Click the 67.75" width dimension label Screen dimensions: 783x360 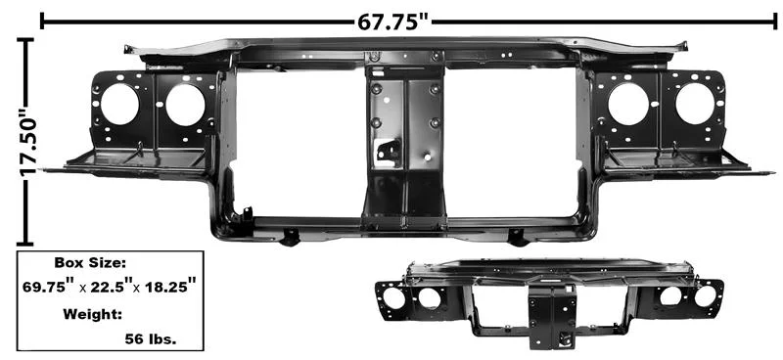[394, 22]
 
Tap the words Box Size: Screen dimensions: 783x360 [90, 263]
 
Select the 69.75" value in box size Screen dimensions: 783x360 [50, 288]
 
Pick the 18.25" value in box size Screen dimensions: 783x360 [167, 288]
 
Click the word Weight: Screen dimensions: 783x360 [92, 315]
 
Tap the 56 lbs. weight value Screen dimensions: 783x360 [151, 340]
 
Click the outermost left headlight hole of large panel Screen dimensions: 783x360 [119, 105]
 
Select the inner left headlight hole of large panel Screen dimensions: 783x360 [185, 106]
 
